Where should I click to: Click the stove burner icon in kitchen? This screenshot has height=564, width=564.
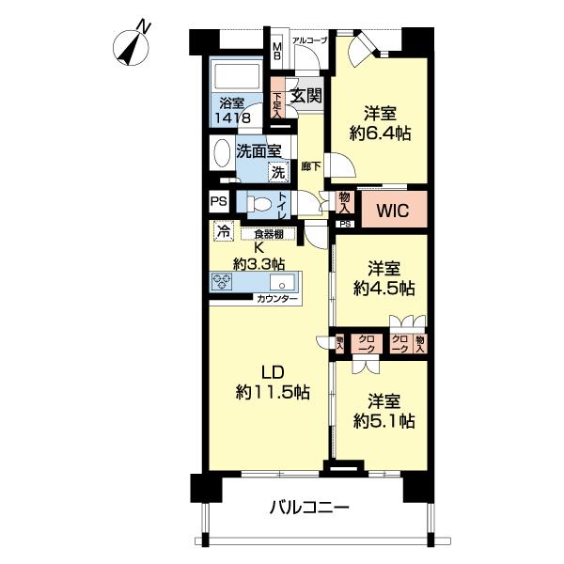224,283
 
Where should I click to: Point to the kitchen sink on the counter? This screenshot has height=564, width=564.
279,283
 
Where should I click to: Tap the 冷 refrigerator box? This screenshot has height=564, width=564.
224,228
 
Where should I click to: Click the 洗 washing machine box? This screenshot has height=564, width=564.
277,172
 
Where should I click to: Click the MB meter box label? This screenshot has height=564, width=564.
277,47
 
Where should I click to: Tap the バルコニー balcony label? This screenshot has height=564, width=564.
310,509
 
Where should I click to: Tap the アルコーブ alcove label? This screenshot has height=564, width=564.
308,39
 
